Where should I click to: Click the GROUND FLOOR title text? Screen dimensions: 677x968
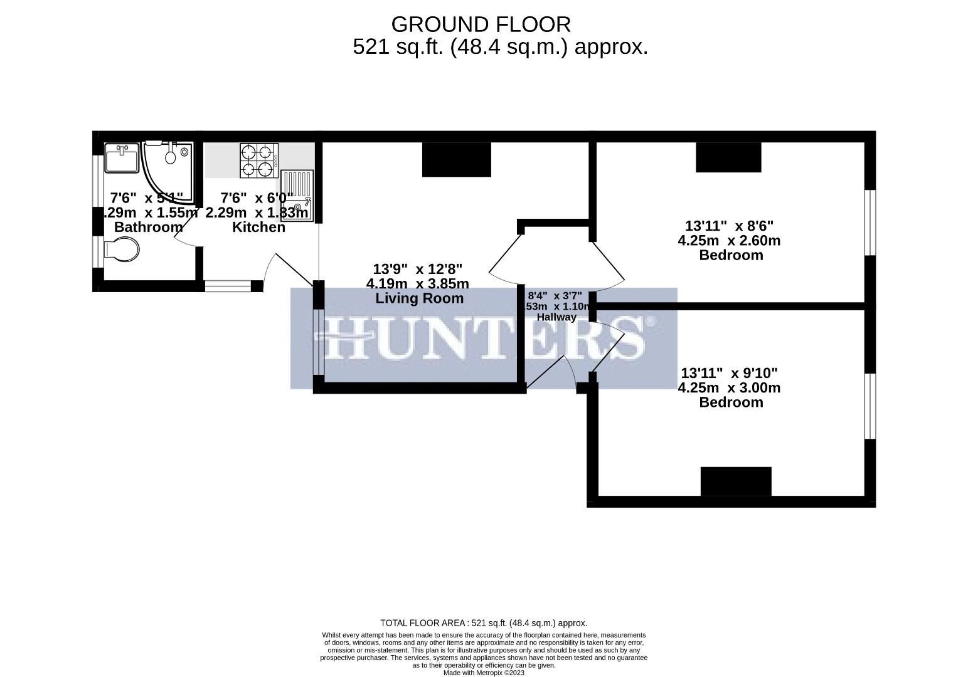coord(481,24)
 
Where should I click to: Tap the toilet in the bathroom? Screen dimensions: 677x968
coord(122,251)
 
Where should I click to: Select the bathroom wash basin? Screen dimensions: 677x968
coord(122,158)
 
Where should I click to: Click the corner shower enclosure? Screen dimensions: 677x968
coord(166,169)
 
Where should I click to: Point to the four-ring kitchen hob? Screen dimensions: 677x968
coord(258,160)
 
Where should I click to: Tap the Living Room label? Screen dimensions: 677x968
coord(419,298)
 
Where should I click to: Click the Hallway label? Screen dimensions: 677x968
coord(556,317)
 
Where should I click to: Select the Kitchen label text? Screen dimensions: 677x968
coord(258,227)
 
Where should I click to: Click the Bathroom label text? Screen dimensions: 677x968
coord(148,227)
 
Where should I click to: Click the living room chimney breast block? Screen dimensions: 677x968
coord(456,160)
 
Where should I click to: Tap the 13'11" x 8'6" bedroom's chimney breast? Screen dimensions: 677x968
coord(728,157)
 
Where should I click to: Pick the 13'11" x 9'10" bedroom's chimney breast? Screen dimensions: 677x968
coord(735,481)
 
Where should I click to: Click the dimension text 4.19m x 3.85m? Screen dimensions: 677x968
coord(417,284)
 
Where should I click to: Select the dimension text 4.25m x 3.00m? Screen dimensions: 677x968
coord(729,388)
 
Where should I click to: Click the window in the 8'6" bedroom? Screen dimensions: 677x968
coord(870,223)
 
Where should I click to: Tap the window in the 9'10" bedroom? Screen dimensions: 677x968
coord(870,406)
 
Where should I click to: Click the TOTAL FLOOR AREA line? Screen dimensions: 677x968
coord(484,623)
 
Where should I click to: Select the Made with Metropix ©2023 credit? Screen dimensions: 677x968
coord(484,673)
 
